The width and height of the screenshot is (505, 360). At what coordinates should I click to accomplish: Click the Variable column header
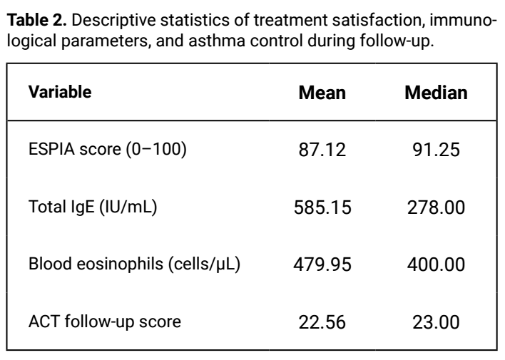[60, 92]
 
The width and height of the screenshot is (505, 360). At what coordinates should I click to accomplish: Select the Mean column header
[322, 93]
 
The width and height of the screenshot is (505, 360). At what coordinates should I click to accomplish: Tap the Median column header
[436, 93]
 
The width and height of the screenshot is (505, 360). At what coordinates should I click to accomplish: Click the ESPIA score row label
[108, 149]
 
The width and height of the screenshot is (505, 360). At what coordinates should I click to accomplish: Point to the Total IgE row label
[93, 207]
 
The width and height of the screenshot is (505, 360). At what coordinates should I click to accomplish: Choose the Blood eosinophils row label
[134, 264]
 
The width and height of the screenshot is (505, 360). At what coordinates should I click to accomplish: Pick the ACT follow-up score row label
[105, 322]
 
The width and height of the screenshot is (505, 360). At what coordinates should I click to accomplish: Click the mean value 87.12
[322, 150]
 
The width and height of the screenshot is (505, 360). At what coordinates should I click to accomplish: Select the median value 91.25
[436, 150]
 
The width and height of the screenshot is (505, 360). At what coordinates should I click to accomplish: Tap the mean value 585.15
[322, 207]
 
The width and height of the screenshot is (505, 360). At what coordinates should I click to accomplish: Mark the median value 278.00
[436, 207]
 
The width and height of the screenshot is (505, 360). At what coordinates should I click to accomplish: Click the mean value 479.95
[322, 264]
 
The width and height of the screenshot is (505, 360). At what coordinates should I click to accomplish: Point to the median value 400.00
[436, 264]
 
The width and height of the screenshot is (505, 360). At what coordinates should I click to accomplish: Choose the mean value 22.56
[322, 322]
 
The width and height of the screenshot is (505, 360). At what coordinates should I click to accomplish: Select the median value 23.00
[436, 322]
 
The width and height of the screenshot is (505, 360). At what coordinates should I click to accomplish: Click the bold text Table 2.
[36, 20]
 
